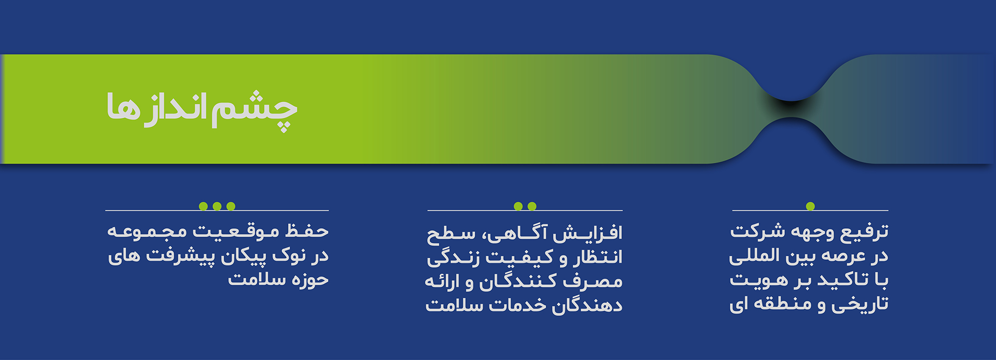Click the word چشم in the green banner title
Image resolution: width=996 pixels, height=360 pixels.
coord(255,110)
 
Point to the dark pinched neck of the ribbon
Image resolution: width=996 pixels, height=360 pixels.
coord(791,109)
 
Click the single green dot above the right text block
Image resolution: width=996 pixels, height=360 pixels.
coord(810,206)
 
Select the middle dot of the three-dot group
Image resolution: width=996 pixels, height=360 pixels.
coord(217,206)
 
